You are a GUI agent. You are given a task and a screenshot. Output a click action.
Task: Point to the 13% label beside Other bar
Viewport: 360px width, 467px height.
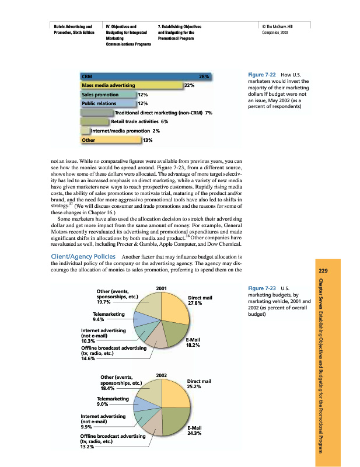point(148,140)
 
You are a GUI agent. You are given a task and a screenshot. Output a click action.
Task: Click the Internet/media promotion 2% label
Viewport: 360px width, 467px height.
point(119,131)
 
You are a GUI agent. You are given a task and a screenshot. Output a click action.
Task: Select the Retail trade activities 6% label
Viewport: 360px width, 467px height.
point(139,121)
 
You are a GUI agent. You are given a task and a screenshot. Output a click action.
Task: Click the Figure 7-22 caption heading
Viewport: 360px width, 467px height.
point(261,75)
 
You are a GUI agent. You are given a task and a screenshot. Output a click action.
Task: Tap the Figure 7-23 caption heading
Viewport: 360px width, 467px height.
point(261,288)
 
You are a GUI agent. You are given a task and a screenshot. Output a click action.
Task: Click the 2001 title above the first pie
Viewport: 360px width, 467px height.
point(162,287)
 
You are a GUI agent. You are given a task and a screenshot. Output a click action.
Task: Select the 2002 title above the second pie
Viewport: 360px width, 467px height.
point(162,374)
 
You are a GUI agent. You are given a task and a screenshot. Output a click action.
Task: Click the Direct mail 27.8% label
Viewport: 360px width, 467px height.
point(200,300)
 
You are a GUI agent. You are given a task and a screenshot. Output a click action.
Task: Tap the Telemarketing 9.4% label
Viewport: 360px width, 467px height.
point(109,316)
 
